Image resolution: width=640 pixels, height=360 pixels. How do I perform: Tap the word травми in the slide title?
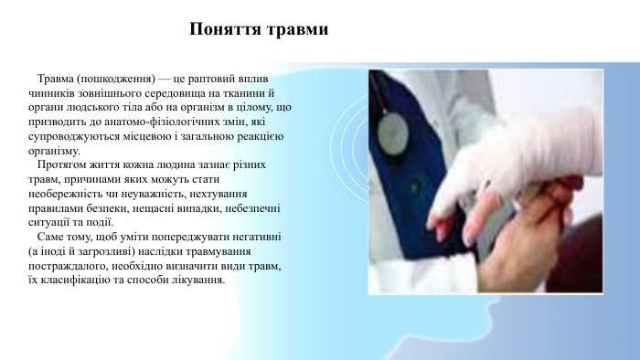point(297,29)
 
